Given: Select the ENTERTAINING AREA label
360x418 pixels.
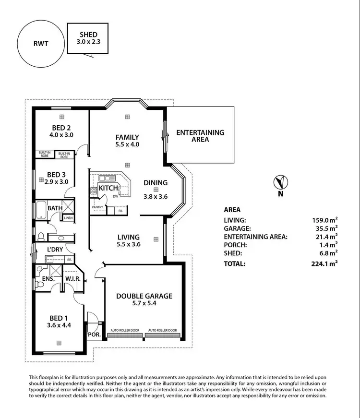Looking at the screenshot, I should point(200,136).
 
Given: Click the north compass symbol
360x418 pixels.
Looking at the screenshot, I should point(280,182).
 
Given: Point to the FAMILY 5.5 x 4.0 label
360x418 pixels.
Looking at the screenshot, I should point(127,140).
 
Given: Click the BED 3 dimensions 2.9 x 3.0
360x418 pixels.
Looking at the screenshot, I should point(57,181).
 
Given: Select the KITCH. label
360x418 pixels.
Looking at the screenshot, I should point(109,188).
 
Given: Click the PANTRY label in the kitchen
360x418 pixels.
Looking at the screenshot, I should point(98,207).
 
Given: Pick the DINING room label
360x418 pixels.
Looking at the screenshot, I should point(156,182).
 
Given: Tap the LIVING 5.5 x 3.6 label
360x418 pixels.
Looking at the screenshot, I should point(128,240).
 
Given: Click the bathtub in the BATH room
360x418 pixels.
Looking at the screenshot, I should point(40,210).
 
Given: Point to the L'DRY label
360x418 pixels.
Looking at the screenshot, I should point(56,250).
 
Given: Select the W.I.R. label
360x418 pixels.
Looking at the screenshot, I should point(72,278).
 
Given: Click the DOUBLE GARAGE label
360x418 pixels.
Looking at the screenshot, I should point(144,296).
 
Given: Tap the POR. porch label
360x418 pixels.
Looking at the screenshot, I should point(94,334).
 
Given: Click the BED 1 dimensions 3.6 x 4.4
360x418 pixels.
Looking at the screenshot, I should point(59,325).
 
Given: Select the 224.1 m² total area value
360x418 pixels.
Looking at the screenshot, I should point(325,263).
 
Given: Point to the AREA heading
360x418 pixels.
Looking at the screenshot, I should point(232,210).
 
